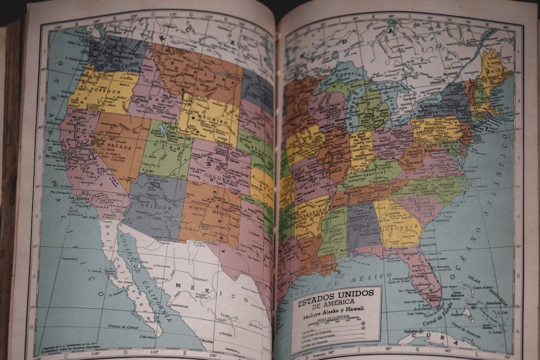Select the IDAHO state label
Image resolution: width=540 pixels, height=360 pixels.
[154, 99]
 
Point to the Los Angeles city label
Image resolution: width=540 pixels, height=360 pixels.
[80, 198]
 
